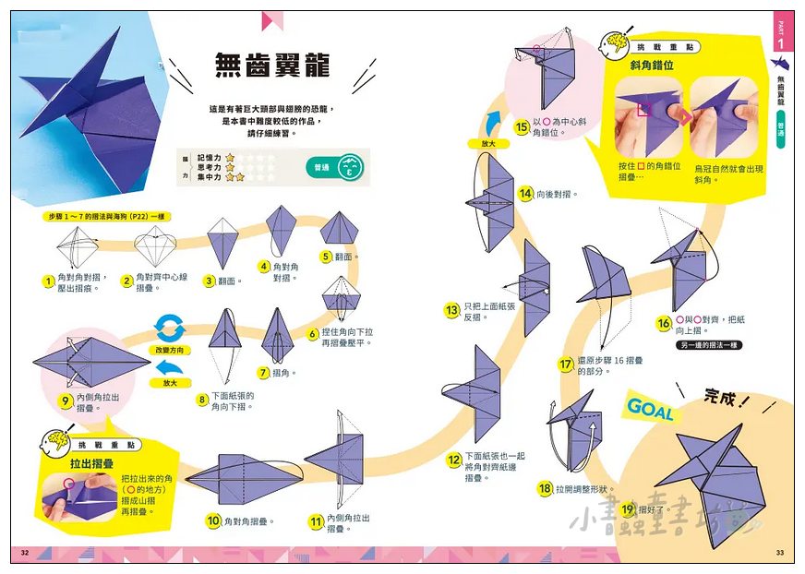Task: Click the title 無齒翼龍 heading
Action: point(272,65)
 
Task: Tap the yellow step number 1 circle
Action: point(47,281)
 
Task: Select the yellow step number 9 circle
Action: point(65,401)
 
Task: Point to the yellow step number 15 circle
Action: point(523,126)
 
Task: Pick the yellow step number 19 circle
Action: point(628,508)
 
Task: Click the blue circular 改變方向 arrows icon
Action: point(170,328)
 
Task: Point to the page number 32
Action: point(25,552)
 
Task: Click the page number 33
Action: point(780,552)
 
